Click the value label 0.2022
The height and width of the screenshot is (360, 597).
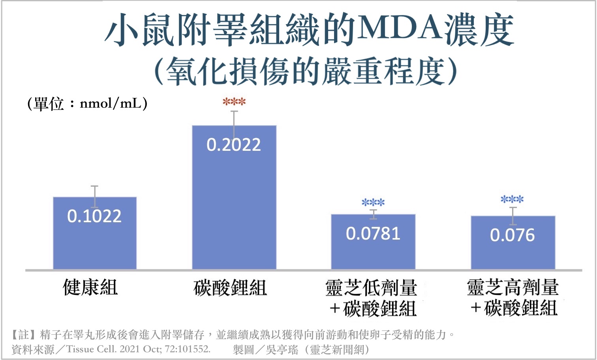coord(234,145)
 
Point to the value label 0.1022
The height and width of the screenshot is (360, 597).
coord(94,216)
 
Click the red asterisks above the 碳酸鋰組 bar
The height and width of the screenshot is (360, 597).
coord(234,102)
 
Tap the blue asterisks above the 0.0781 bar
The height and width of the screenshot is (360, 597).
coord(373,203)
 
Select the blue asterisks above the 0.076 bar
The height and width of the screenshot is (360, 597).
coord(512,200)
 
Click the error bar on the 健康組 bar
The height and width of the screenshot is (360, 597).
coord(95,196)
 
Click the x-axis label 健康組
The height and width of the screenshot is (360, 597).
coord(90,287)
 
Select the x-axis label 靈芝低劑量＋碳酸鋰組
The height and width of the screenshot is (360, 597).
coord(372,298)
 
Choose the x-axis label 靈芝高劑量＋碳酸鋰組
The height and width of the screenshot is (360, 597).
coord(513,298)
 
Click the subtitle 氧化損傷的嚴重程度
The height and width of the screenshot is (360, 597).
coord(306,71)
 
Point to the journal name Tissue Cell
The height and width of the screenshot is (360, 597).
coord(91,349)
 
